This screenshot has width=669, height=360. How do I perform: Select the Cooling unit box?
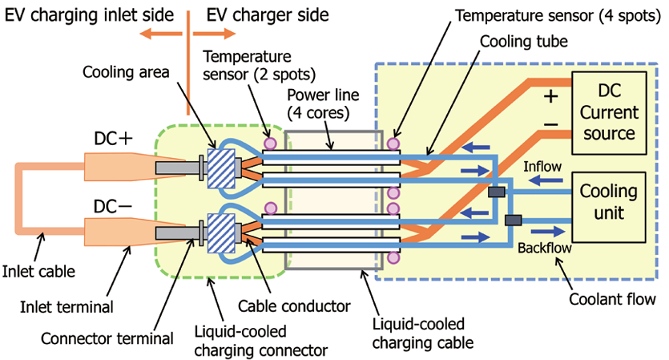608,204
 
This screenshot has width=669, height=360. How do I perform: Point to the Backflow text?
544,248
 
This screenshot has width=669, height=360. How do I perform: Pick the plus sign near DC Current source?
550,97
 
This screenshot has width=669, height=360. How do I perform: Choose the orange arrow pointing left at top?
156,34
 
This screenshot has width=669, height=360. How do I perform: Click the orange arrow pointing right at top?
218,34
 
